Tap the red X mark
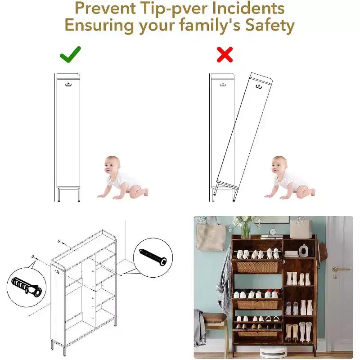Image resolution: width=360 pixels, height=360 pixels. point(225,54)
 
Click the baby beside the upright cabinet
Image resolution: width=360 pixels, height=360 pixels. point(122,178)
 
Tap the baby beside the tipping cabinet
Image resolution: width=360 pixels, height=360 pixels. point(289,178)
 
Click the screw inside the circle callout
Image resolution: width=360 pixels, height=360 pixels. point(153,257)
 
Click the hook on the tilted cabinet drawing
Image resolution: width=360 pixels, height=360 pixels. point(259,86)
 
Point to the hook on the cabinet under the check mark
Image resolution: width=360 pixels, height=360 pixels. point(68,85)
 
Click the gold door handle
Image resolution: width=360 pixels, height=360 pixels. point(341,269)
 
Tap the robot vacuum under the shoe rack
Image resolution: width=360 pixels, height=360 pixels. point(273,351)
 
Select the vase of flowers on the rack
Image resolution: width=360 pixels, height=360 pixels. point(244,227)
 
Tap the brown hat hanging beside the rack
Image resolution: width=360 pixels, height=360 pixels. point(322,252)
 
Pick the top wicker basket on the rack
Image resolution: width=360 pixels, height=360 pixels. point(257,267)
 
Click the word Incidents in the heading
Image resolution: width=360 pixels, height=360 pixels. point(248,8)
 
